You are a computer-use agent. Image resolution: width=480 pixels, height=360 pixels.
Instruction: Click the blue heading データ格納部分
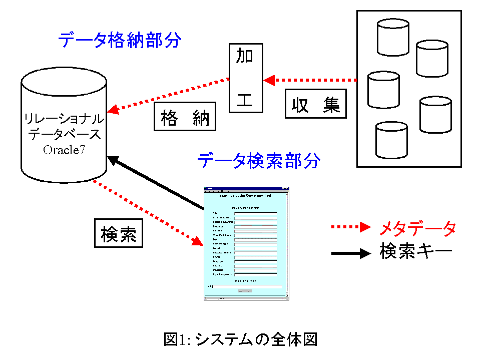click(x=119, y=41)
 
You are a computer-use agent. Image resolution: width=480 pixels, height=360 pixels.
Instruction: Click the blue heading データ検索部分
click(x=258, y=161)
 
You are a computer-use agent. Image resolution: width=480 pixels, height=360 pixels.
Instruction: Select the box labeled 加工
click(x=245, y=79)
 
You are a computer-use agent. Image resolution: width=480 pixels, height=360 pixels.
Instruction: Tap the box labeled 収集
click(x=316, y=105)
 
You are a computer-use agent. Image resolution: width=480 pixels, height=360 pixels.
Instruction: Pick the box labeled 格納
click(x=185, y=118)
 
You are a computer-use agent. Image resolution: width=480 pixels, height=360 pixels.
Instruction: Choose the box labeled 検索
click(x=119, y=234)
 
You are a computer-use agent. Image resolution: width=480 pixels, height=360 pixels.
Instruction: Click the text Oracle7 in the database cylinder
click(x=64, y=150)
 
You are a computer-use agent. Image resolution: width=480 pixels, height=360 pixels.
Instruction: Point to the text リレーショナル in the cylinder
click(x=64, y=119)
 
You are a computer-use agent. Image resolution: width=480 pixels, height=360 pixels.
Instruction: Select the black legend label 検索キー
click(x=416, y=252)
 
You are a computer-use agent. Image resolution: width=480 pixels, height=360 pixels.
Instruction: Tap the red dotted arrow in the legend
click(x=350, y=228)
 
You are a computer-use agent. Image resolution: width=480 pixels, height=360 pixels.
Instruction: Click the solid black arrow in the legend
click(x=350, y=253)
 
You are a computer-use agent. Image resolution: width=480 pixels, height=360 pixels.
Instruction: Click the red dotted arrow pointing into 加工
click(x=310, y=80)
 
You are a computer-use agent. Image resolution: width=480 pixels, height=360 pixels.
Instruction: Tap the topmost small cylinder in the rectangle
click(x=393, y=37)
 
